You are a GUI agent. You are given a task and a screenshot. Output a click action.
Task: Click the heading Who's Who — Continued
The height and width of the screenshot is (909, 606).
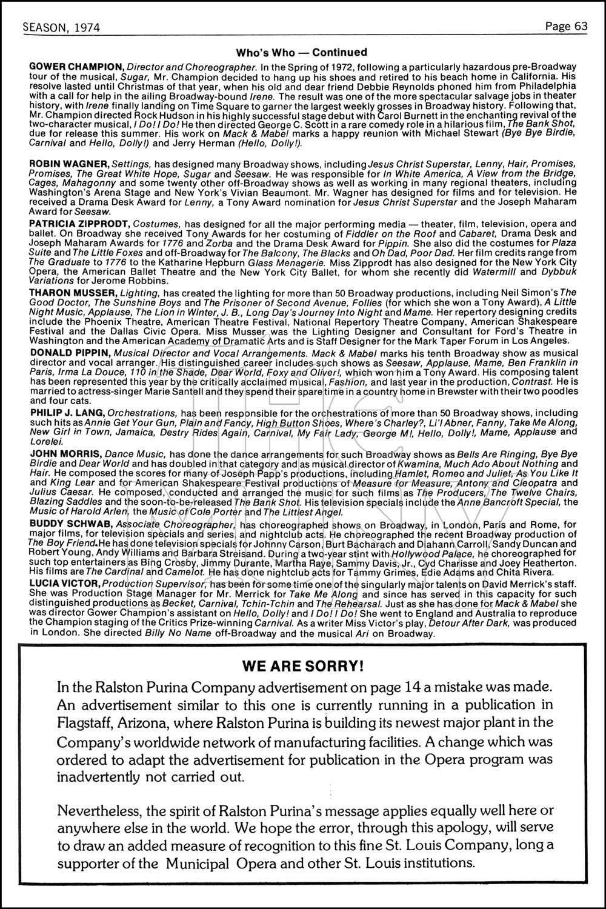coord(301,53)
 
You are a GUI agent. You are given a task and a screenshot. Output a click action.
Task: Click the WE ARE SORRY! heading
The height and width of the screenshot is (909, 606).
coord(303,666)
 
